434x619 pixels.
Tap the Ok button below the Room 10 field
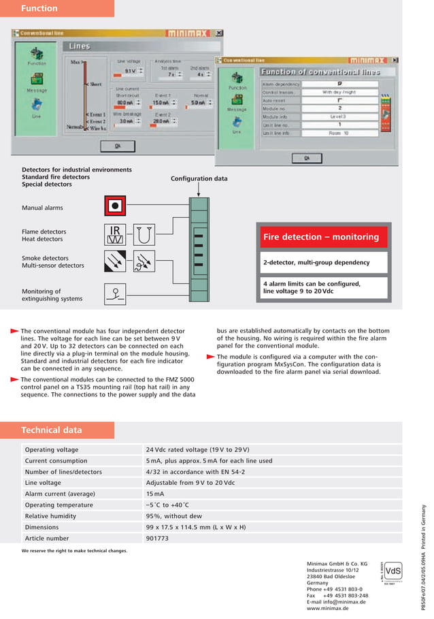point(307,157)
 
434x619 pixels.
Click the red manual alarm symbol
point(116,206)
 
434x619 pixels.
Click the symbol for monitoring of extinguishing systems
point(116,293)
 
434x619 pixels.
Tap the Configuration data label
point(199,178)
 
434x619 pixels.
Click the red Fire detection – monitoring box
point(321,237)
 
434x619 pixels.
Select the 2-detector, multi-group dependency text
point(316,262)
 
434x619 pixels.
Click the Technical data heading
point(52,430)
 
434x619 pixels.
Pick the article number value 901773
point(157,538)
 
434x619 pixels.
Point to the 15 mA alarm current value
point(154,494)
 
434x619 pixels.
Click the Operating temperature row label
point(59,505)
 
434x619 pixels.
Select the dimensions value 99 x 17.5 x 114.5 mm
point(196,527)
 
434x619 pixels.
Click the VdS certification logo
point(393,570)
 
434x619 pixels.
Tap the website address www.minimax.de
point(328,608)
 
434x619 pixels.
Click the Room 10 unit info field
point(339,133)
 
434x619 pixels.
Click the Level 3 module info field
point(339,116)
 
